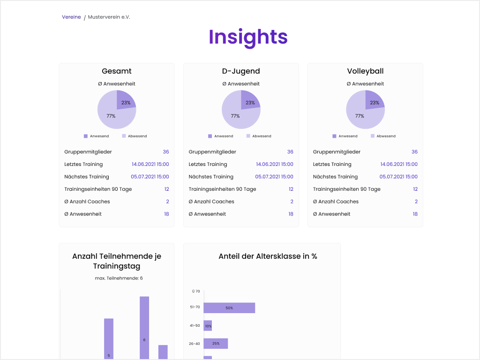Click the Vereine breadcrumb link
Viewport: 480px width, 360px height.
click(71, 17)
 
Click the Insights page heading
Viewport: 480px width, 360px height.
click(248, 37)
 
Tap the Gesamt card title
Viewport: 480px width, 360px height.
click(117, 71)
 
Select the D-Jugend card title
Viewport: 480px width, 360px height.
click(241, 71)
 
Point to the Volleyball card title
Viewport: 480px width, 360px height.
click(365, 71)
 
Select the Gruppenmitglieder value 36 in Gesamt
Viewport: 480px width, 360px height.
click(166, 152)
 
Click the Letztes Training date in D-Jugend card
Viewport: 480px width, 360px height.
click(275, 165)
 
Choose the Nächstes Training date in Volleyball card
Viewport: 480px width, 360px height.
click(398, 177)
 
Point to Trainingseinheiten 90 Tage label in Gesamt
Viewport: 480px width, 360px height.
click(98, 189)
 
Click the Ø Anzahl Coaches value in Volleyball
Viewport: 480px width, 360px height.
click(416, 202)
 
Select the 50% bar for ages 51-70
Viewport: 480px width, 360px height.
click(229, 308)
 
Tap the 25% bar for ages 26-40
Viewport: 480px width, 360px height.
click(216, 344)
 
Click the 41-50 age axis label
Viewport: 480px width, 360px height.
click(195, 325)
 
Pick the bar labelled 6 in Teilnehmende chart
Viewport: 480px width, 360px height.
click(144, 328)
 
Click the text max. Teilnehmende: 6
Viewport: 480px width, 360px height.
click(119, 278)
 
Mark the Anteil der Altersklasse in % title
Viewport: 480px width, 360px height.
click(268, 256)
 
